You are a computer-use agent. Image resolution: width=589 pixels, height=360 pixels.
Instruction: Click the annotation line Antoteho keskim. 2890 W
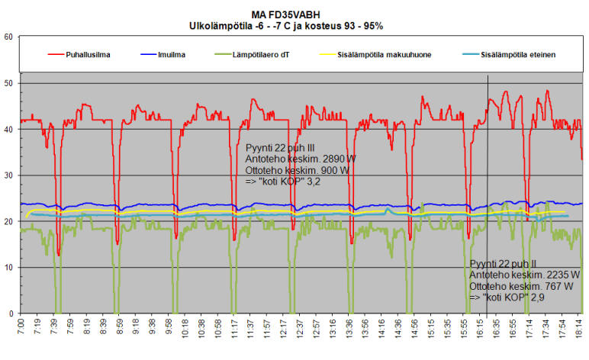[x=301, y=159]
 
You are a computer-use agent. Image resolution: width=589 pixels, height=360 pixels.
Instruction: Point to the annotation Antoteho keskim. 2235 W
[x=526, y=275]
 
